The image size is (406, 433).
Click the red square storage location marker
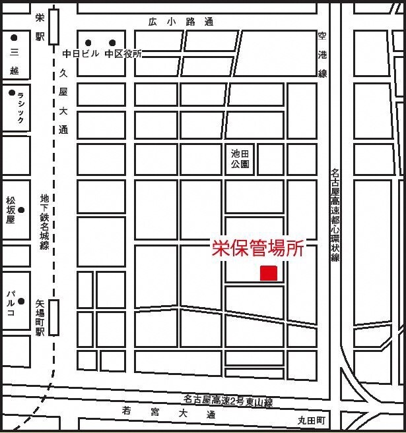tap(269, 273)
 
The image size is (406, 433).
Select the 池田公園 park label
tap(240, 159)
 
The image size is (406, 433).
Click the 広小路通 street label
tap(181, 22)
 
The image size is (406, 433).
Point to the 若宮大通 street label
tap(169, 413)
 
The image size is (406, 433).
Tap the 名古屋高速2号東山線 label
tap(228, 400)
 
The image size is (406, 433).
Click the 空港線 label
tap(323, 54)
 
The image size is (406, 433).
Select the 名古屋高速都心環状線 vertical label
tap(335, 215)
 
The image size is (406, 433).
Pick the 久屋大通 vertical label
tap(63, 101)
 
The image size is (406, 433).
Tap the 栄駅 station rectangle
tap(53, 26)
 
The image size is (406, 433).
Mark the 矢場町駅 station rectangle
tap(54, 317)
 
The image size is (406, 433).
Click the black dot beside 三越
tap(14, 38)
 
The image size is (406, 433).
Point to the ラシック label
tap(20, 107)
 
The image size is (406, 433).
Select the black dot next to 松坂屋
tap(21, 210)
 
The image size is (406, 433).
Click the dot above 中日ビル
tap(88, 42)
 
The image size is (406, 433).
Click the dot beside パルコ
tap(21, 302)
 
